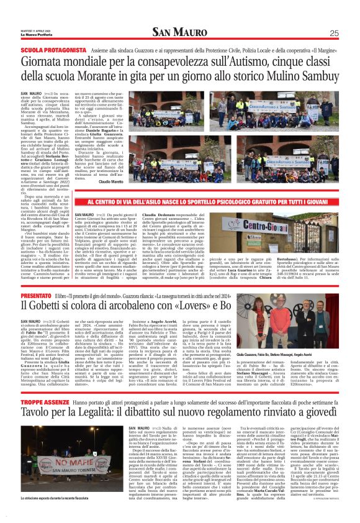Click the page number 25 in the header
(333, 34)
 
